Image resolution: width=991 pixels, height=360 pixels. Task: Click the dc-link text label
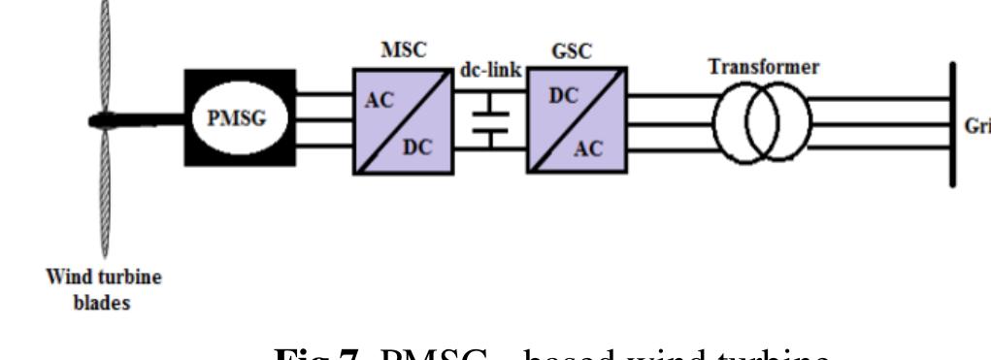click(489, 74)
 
